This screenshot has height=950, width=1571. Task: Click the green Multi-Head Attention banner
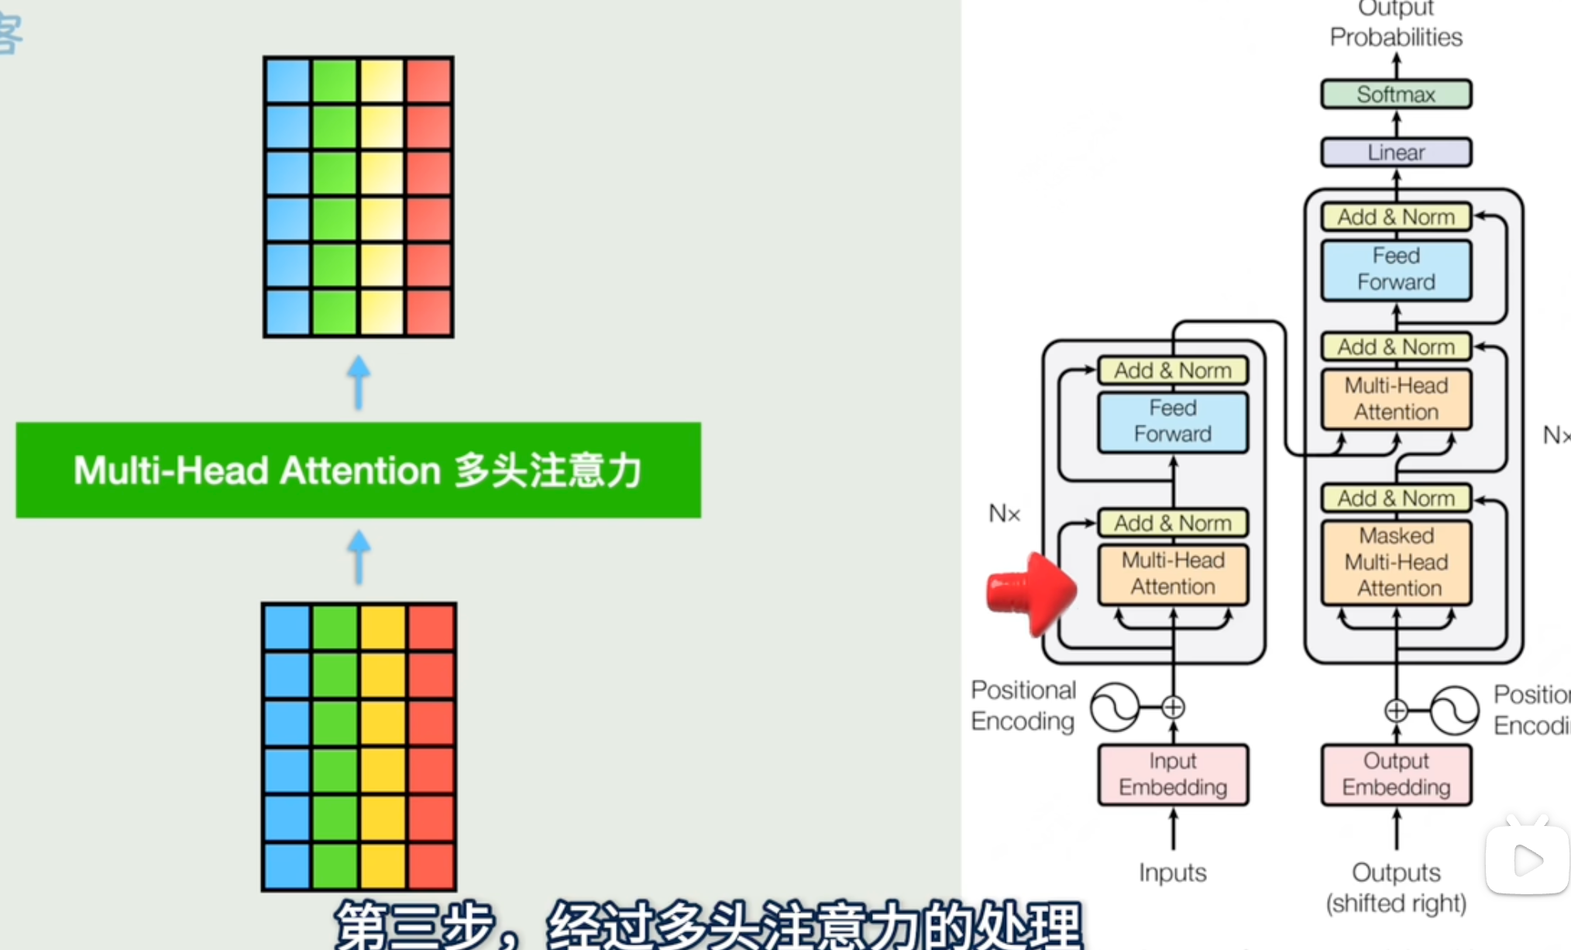[358, 470]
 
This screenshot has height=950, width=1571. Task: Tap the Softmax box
[1396, 95]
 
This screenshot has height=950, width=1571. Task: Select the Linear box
[1396, 153]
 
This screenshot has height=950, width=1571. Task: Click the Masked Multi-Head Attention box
[1396, 563]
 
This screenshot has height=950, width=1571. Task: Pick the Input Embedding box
[1173, 774]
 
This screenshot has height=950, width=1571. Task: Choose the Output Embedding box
[1396, 774]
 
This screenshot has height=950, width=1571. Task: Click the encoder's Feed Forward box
[1173, 422]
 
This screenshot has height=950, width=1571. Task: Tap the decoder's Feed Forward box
[1396, 269]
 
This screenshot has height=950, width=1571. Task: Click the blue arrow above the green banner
[358, 382]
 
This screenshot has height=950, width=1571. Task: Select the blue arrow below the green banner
[358, 556]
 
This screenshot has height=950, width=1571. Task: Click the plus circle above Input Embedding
[1173, 707]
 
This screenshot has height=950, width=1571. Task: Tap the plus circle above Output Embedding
[1396, 710]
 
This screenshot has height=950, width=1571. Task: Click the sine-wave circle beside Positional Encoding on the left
[1114, 707]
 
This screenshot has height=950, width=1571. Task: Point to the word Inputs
[1173, 873]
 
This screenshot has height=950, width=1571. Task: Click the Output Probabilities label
[1396, 25]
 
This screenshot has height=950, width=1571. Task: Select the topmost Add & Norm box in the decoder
[1396, 217]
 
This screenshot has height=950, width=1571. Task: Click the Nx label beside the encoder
[1005, 513]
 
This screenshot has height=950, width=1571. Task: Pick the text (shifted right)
[1396, 904]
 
